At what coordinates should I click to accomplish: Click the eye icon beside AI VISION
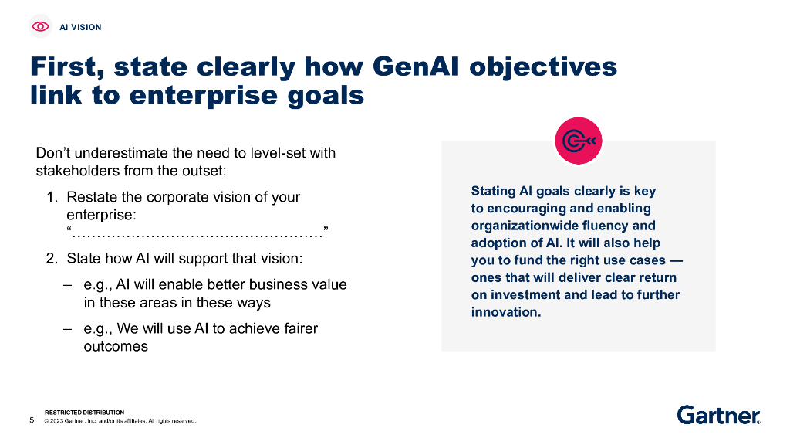point(40,26)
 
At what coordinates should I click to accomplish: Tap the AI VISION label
point(80,27)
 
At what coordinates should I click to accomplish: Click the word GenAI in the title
point(416,66)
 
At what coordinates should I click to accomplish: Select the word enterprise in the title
point(203,96)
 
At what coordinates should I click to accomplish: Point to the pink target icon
point(579,141)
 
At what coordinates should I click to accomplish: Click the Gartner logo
point(719,415)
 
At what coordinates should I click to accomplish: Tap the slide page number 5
point(32,420)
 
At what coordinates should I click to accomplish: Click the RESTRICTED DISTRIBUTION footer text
point(85,413)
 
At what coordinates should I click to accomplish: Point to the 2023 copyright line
point(120,421)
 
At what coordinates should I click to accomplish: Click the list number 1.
point(52,197)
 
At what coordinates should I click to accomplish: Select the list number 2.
point(52,258)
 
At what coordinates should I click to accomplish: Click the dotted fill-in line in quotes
point(197,233)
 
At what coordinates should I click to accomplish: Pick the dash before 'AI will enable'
point(68,285)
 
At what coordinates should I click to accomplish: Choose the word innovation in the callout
point(506,312)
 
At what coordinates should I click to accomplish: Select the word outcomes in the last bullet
point(116,347)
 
